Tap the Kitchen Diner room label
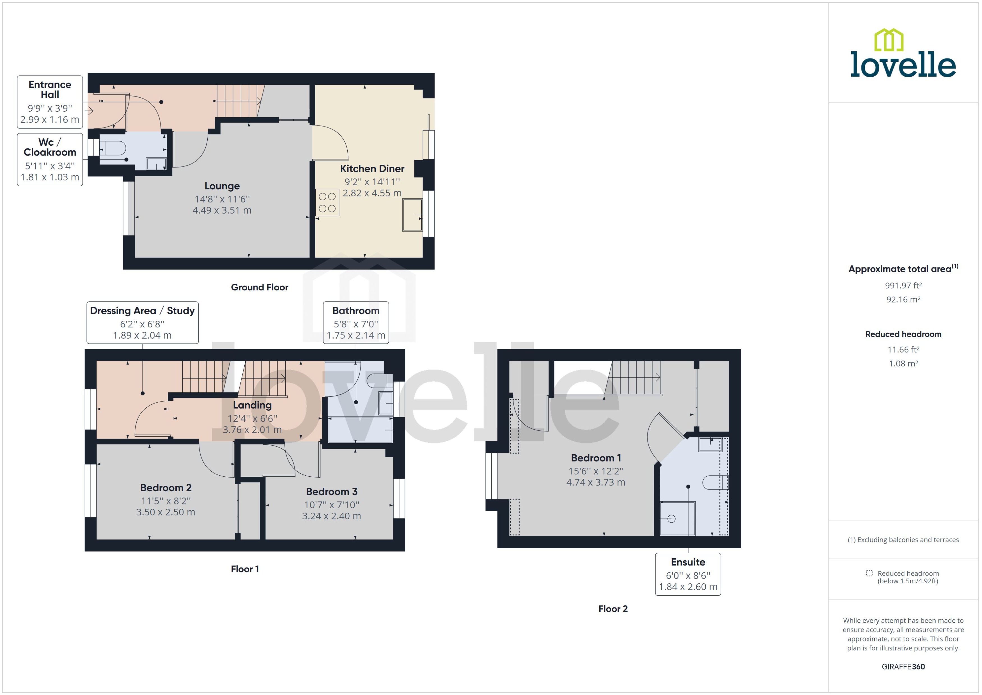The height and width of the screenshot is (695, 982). click(x=372, y=169)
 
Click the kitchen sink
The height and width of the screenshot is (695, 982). click(x=412, y=215)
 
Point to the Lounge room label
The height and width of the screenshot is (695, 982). click(x=222, y=186)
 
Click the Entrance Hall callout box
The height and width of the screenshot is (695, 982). click(x=50, y=102)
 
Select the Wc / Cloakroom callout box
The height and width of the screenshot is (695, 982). click(x=50, y=159)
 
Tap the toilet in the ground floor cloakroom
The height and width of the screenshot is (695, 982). click(x=113, y=148)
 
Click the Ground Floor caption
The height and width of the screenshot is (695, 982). click(x=259, y=287)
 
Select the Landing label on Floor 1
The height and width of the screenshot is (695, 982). click(x=252, y=405)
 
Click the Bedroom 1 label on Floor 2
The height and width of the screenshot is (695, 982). click(x=596, y=458)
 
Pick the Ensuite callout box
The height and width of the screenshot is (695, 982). click(x=688, y=574)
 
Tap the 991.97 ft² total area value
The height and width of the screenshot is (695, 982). click(x=903, y=285)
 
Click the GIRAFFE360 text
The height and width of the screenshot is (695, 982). click(x=903, y=666)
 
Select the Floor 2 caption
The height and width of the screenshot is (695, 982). click(x=613, y=609)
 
